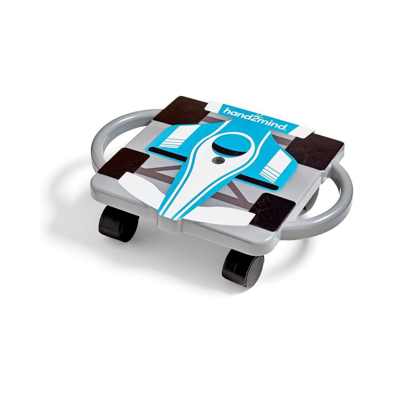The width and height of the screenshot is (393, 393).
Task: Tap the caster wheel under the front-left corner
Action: point(118,223)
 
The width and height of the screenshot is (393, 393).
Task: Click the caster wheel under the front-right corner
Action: point(242,266)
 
